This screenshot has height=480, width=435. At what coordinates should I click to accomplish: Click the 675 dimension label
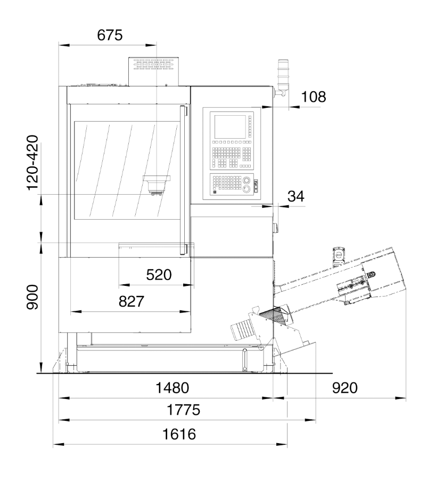point(110,35)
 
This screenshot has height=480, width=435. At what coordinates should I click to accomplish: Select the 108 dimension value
point(314,97)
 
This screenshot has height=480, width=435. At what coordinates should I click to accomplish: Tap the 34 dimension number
point(296,196)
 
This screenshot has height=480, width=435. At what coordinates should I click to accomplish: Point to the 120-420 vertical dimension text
point(33,163)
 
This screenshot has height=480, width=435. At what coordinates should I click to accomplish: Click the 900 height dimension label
point(32,297)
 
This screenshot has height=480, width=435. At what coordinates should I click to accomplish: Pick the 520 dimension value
point(159,275)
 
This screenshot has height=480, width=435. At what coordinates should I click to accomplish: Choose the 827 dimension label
point(132,301)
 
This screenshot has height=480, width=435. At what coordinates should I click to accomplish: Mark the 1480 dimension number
point(173,388)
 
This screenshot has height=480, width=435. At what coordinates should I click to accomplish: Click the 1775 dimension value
point(183,410)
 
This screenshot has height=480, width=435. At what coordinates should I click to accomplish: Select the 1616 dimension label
point(179,434)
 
